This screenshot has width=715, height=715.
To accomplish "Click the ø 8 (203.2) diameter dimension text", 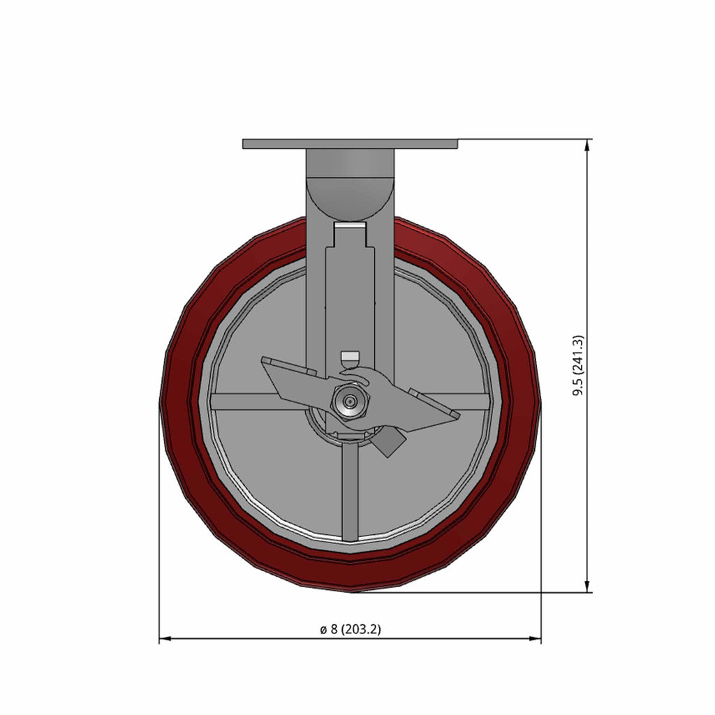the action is (x=351, y=629).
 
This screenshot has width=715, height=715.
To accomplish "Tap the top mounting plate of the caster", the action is (x=350, y=144).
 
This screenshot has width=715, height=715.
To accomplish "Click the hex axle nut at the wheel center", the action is (x=349, y=401).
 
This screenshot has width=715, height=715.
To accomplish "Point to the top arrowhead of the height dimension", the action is (x=587, y=145).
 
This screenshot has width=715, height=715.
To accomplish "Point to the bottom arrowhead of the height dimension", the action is (x=587, y=587).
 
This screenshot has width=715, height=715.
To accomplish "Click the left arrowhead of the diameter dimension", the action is (x=165, y=638).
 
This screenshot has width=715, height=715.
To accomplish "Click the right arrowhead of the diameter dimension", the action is (x=536, y=638).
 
